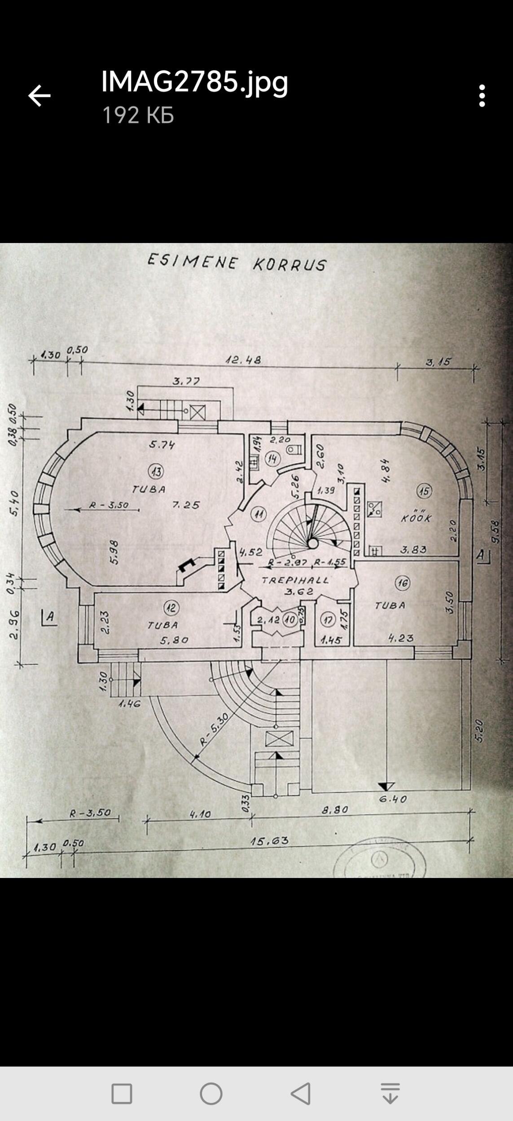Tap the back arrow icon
point(39,96)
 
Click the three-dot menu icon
point(482,96)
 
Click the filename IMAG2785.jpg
point(194,82)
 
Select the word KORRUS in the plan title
point(289,265)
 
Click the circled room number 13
point(156,471)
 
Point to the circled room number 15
point(424,491)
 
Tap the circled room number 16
point(403,583)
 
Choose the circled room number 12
point(171,608)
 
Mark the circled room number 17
point(328,620)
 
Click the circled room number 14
point(272,459)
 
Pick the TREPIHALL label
point(295,580)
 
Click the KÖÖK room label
point(416,518)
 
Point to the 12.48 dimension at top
point(243,360)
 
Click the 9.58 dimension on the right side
point(495,532)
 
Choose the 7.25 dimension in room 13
point(186,505)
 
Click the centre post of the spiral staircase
point(312,543)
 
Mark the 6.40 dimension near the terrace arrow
point(393,799)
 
